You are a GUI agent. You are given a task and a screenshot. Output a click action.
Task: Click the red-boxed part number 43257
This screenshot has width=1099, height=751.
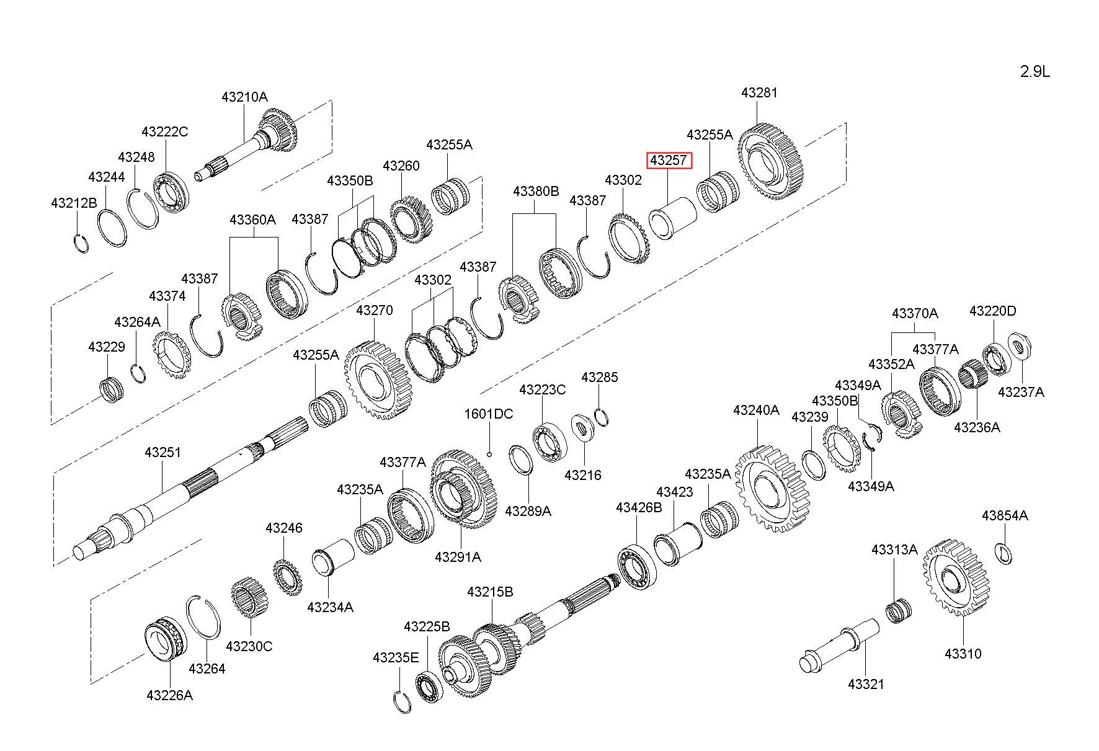click(668, 161)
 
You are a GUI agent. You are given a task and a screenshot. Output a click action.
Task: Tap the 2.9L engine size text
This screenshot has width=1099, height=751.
click(1035, 72)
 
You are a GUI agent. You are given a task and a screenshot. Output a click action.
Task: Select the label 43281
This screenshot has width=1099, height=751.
click(759, 93)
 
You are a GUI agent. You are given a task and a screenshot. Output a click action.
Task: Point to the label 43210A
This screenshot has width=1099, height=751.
click(244, 97)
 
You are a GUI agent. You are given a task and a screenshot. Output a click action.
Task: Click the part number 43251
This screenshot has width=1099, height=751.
click(162, 453)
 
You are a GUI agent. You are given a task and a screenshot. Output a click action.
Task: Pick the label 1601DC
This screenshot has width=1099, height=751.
click(489, 414)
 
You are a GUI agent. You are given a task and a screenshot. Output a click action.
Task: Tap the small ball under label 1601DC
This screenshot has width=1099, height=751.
click(489, 454)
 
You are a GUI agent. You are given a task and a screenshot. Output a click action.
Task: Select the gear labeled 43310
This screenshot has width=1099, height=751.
click(953, 577)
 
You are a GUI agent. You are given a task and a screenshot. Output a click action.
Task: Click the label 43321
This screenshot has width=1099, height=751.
click(866, 684)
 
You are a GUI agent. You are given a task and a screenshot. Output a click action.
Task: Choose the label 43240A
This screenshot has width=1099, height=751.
click(756, 411)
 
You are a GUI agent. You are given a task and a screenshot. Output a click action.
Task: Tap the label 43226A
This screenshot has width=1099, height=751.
click(169, 695)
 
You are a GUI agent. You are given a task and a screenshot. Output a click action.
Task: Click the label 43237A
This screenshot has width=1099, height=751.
click(1021, 392)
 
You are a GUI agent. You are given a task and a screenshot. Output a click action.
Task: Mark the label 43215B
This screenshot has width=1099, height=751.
click(490, 592)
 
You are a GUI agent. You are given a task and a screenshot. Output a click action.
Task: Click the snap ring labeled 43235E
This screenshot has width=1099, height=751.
click(403, 701)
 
